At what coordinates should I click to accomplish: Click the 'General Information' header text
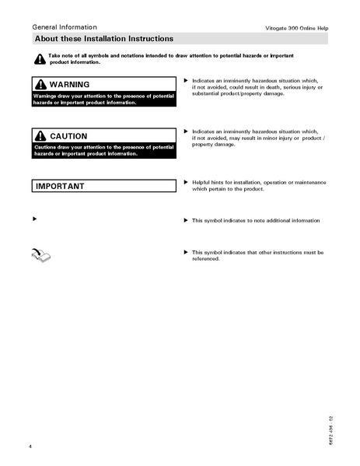point(60,26)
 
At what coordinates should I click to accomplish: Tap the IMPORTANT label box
point(104,186)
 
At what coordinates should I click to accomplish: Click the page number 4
point(30,446)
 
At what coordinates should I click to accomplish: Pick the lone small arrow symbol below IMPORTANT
point(34,220)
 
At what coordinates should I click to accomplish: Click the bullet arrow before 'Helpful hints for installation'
point(185,181)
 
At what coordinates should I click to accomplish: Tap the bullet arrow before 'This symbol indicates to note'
point(185,220)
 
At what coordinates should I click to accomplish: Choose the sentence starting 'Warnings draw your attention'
point(103,99)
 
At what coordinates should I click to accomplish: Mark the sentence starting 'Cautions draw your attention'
point(103,150)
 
